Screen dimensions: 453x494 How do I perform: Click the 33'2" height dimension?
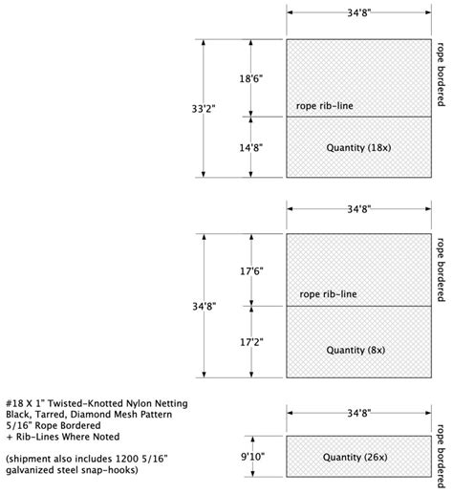coord(204,109)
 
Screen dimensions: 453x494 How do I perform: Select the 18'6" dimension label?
coord(251,78)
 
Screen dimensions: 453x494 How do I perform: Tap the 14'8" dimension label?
coord(251,147)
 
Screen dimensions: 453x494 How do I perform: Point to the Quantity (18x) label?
coord(358,148)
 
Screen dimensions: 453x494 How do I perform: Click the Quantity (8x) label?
coord(356,350)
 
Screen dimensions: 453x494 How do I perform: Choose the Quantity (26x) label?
coord(356,457)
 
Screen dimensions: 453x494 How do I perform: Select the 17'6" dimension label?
coord(251,271)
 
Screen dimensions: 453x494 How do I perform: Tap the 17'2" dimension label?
coord(251,342)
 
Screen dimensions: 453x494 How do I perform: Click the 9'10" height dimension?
coord(252,457)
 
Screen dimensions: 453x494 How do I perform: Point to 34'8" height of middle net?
coord(205,307)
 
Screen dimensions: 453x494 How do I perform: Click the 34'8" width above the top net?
coord(359,12)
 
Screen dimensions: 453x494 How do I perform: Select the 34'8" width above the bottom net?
coord(359,413)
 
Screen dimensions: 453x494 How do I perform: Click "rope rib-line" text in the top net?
coord(325,106)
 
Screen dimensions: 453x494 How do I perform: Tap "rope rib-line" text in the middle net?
coord(328,294)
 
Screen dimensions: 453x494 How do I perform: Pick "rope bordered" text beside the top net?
coord(441,75)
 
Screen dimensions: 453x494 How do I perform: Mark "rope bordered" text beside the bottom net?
coord(441,456)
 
